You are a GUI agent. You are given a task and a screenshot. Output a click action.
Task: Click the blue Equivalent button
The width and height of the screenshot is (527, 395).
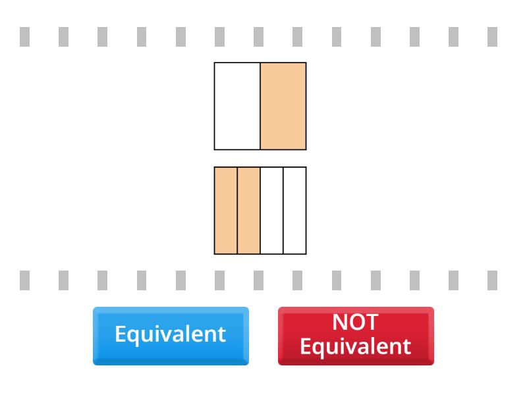(x=171, y=334)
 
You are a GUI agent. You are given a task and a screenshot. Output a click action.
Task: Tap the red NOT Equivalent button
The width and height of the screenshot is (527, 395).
(x=356, y=334)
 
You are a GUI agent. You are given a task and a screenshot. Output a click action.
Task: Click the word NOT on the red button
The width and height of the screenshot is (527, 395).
(x=355, y=323)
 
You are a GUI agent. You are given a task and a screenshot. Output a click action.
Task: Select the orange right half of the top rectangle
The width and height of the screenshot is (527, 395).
(x=283, y=106)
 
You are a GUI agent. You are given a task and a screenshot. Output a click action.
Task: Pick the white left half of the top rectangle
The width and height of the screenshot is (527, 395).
(x=237, y=106)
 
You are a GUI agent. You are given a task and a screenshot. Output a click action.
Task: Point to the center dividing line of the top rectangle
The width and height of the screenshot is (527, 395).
(x=260, y=106)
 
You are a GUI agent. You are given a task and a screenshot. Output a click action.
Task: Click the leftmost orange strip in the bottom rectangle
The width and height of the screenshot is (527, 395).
(x=226, y=211)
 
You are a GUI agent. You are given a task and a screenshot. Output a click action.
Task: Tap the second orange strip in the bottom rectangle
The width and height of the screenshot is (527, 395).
(x=249, y=211)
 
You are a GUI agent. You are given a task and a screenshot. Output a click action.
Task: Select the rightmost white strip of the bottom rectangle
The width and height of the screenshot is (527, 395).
(x=294, y=211)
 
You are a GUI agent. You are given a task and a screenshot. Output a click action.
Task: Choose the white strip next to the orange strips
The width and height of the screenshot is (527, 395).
(x=271, y=211)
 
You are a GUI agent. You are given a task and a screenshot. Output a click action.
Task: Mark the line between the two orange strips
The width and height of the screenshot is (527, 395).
(x=237, y=211)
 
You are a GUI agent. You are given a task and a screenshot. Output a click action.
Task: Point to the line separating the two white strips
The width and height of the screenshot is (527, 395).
(x=283, y=211)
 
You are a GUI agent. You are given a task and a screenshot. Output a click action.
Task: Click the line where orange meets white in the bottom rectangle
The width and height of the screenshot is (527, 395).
(x=260, y=211)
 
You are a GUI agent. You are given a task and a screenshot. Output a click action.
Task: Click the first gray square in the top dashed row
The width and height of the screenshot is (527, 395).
(x=24, y=37)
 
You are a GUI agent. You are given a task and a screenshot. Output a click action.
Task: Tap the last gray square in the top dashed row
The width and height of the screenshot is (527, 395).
(x=492, y=37)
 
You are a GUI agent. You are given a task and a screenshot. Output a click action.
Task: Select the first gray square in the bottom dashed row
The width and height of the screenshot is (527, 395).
(x=24, y=280)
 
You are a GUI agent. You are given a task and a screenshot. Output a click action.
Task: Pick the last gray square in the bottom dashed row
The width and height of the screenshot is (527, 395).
(x=492, y=280)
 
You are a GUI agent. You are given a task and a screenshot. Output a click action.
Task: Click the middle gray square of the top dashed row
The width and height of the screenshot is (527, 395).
(x=258, y=37)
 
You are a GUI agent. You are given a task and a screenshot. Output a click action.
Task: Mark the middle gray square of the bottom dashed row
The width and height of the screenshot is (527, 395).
(x=258, y=280)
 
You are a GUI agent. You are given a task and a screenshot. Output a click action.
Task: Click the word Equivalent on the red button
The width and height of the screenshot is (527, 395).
(x=355, y=346)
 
